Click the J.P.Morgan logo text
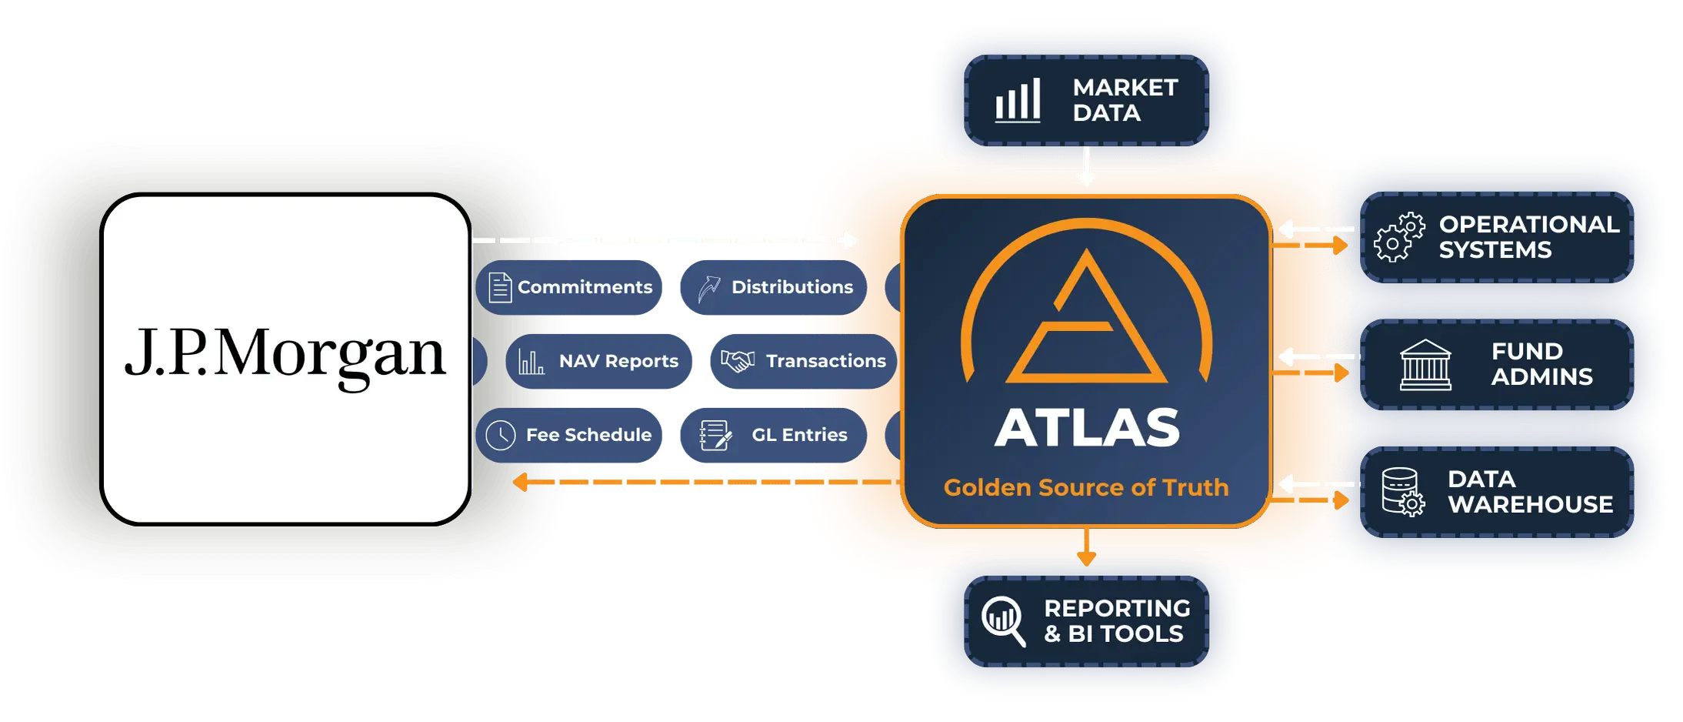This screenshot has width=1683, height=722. click(x=285, y=355)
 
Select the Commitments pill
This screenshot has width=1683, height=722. click(x=569, y=287)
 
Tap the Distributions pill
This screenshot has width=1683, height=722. click(x=774, y=287)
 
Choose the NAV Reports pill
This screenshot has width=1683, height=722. click(x=598, y=361)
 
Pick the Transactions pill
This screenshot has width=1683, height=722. click(x=803, y=361)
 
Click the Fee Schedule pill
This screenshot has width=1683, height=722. click(x=569, y=435)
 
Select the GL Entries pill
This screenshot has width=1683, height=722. click(x=774, y=435)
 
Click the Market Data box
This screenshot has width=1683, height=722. click(x=1086, y=100)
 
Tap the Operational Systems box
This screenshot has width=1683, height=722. click(x=1497, y=237)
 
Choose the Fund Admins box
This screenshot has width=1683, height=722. click(x=1497, y=365)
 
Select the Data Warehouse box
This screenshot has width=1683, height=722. click(x=1497, y=493)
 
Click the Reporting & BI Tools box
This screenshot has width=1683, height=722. click(x=1086, y=621)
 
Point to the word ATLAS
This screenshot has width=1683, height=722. click(x=1087, y=428)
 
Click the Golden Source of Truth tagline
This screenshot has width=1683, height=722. click(x=1086, y=487)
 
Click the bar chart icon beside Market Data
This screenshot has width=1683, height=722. click(x=1018, y=100)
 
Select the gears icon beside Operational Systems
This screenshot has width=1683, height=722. click(x=1400, y=237)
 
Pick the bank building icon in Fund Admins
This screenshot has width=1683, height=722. click(x=1425, y=365)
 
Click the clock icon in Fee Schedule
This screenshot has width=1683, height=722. click(x=501, y=435)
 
